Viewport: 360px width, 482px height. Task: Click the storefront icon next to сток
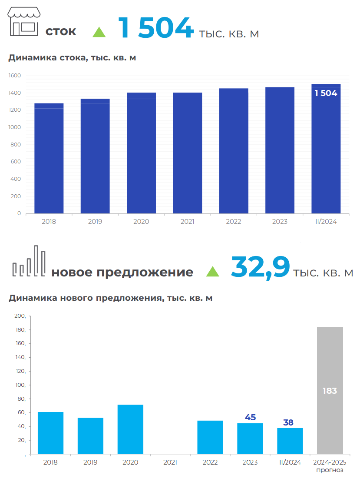(x=24, y=22)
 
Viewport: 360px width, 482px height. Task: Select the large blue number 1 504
(x=155, y=29)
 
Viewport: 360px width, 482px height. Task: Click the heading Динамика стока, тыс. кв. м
(x=72, y=57)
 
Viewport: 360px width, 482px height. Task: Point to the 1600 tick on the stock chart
(x=15, y=76)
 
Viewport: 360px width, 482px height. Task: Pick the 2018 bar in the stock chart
(x=49, y=159)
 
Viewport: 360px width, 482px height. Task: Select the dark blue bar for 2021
(x=187, y=153)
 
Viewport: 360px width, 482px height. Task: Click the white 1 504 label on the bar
(x=326, y=93)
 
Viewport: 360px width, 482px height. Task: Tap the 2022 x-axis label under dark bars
(x=234, y=222)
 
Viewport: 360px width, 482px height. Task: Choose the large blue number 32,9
(x=260, y=267)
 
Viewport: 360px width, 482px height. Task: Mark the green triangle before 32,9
(x=212, y=272)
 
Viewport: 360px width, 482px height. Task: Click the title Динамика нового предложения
(x=110, y=298)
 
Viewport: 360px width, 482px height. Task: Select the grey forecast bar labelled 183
(x=330, y=390)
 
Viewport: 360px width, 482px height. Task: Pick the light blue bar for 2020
(x=130, y=429)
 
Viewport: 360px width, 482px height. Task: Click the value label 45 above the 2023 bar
(x=250, y=417)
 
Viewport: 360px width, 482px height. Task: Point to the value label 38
(x=288, y=422)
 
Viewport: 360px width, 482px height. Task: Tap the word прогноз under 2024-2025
(x=330, y=470)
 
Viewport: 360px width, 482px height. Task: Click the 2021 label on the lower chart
(x=170, y=462)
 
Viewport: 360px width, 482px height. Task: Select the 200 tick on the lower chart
(x=20, y=316)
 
